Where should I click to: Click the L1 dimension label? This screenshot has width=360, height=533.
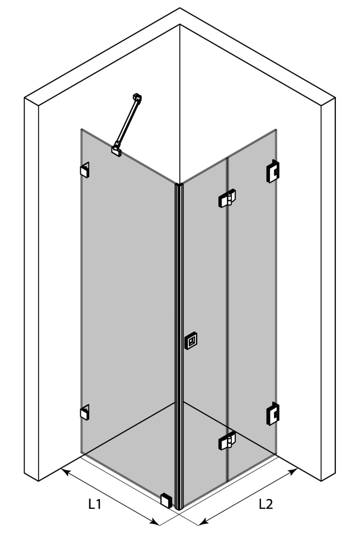(x=95, y=504)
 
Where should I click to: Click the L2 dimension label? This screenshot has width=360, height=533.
(x=266, y=504)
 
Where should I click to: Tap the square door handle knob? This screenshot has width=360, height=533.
(x=191, y=340)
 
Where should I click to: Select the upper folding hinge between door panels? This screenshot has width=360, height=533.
(x=227, y=198)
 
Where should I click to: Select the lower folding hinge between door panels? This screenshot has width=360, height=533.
(x=227, y=440)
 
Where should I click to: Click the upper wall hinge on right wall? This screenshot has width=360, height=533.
(x=273, y=171)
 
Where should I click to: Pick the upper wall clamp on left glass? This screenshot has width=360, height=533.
(x=85, y=170)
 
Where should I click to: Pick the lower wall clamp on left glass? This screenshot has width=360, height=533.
(x=85, y=412)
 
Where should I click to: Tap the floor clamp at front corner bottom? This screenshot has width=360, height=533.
(x=166, y=500)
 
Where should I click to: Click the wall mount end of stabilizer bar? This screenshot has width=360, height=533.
(x=137, y=97)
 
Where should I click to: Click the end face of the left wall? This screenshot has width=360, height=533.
(x=32, y=289)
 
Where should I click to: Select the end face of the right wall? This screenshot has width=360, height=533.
(x=328, y=289)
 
